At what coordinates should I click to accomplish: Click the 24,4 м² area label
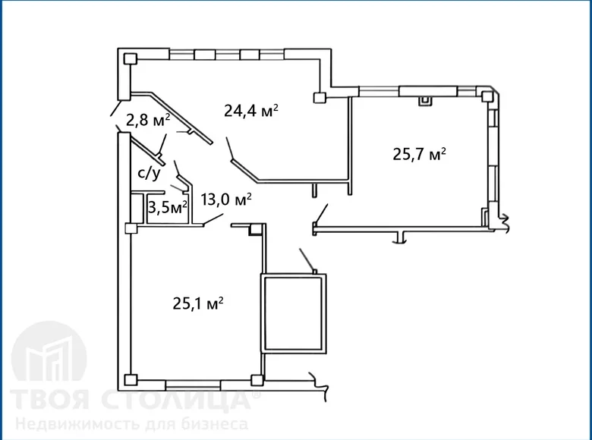(x=251, y=110)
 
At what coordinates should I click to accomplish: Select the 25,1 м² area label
(x=198, y=304)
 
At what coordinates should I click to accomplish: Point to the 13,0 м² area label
(x=226, y=200)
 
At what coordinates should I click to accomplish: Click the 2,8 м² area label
(x=147, y=119)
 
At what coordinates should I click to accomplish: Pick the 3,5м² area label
(x=167, y=207)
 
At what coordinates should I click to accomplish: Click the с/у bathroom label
(x=149, y=174)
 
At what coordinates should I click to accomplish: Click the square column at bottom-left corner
(x=130, y=379)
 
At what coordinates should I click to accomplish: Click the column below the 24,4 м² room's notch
(x=320, y=96)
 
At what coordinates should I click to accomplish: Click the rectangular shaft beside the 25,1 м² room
(x=294, y=313)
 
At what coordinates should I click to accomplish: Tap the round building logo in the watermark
(x=50, y=357)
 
